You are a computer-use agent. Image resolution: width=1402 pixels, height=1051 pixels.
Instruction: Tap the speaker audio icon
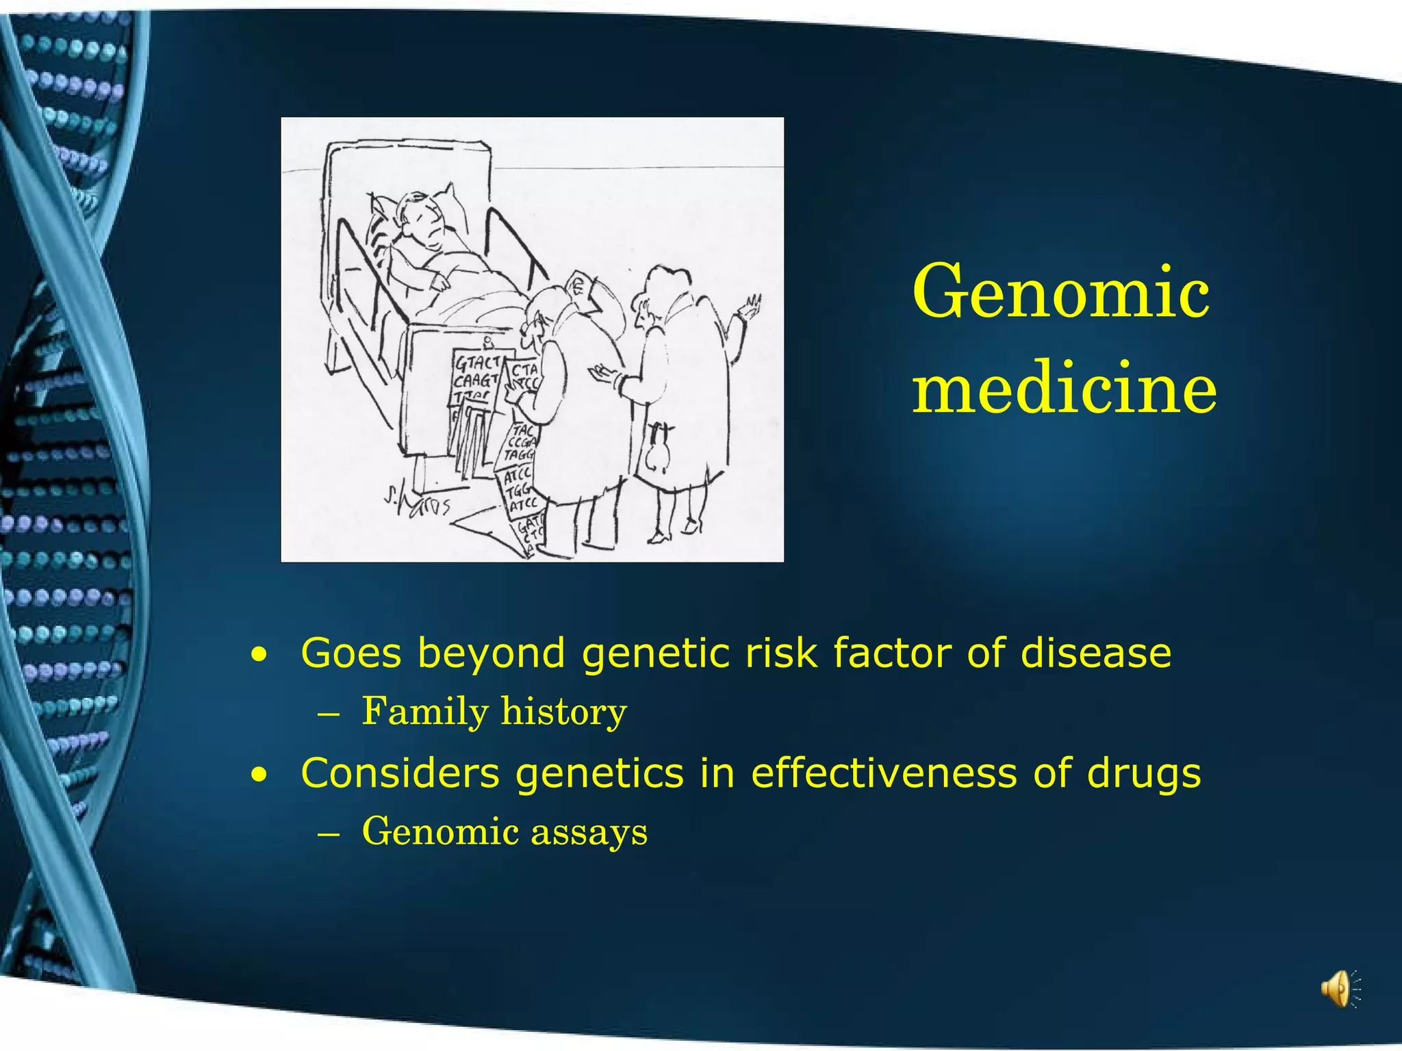click(1339, 989)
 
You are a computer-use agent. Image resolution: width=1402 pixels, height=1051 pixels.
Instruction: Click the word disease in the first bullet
click(1095, 653)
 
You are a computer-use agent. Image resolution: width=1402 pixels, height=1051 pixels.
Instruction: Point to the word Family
click(424, 712)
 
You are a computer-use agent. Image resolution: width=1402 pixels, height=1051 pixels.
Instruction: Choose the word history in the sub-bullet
click(563, 712)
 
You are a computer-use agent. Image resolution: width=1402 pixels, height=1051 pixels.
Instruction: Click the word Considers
click(400, 773)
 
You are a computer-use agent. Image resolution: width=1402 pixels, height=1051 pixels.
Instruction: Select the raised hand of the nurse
click(748, 308)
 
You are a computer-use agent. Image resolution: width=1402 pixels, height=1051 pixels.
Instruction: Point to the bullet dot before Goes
click(259, 656)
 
